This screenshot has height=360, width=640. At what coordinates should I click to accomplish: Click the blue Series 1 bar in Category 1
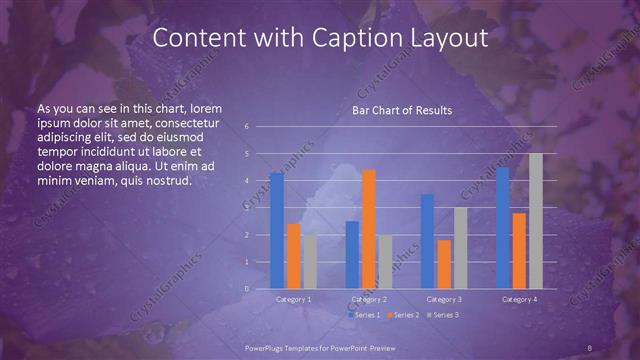(x=276, y=230)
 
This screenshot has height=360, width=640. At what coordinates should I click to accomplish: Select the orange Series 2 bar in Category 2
(x=369, y=229)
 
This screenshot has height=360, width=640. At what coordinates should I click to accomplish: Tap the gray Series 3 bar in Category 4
(x=536, y=221)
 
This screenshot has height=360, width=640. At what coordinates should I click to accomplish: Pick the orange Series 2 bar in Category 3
(x=444, y=264)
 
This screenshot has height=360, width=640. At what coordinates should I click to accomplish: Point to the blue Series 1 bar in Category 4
(x=502, y=227)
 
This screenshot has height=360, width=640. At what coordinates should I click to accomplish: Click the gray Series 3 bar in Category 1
(x=310, y=261)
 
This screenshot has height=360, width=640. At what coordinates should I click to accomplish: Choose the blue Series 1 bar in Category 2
(x=352, y=254)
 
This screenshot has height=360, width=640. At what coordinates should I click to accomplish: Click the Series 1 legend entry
(x=363, y=315)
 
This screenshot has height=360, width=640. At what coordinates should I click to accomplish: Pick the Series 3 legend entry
(x=442, y=315)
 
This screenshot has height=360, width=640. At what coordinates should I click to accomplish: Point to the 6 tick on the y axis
(x=247, y=127)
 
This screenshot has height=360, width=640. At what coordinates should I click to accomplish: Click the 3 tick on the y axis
(x=247, y=208)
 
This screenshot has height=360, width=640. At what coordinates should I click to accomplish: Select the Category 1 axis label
(x=293, y=299)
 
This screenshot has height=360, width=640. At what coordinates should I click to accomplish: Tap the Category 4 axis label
(x=518, y=299)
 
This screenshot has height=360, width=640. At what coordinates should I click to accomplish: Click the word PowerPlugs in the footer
(x=264, y=347)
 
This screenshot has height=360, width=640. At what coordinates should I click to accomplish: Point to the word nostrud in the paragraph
(x=164, y=180)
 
